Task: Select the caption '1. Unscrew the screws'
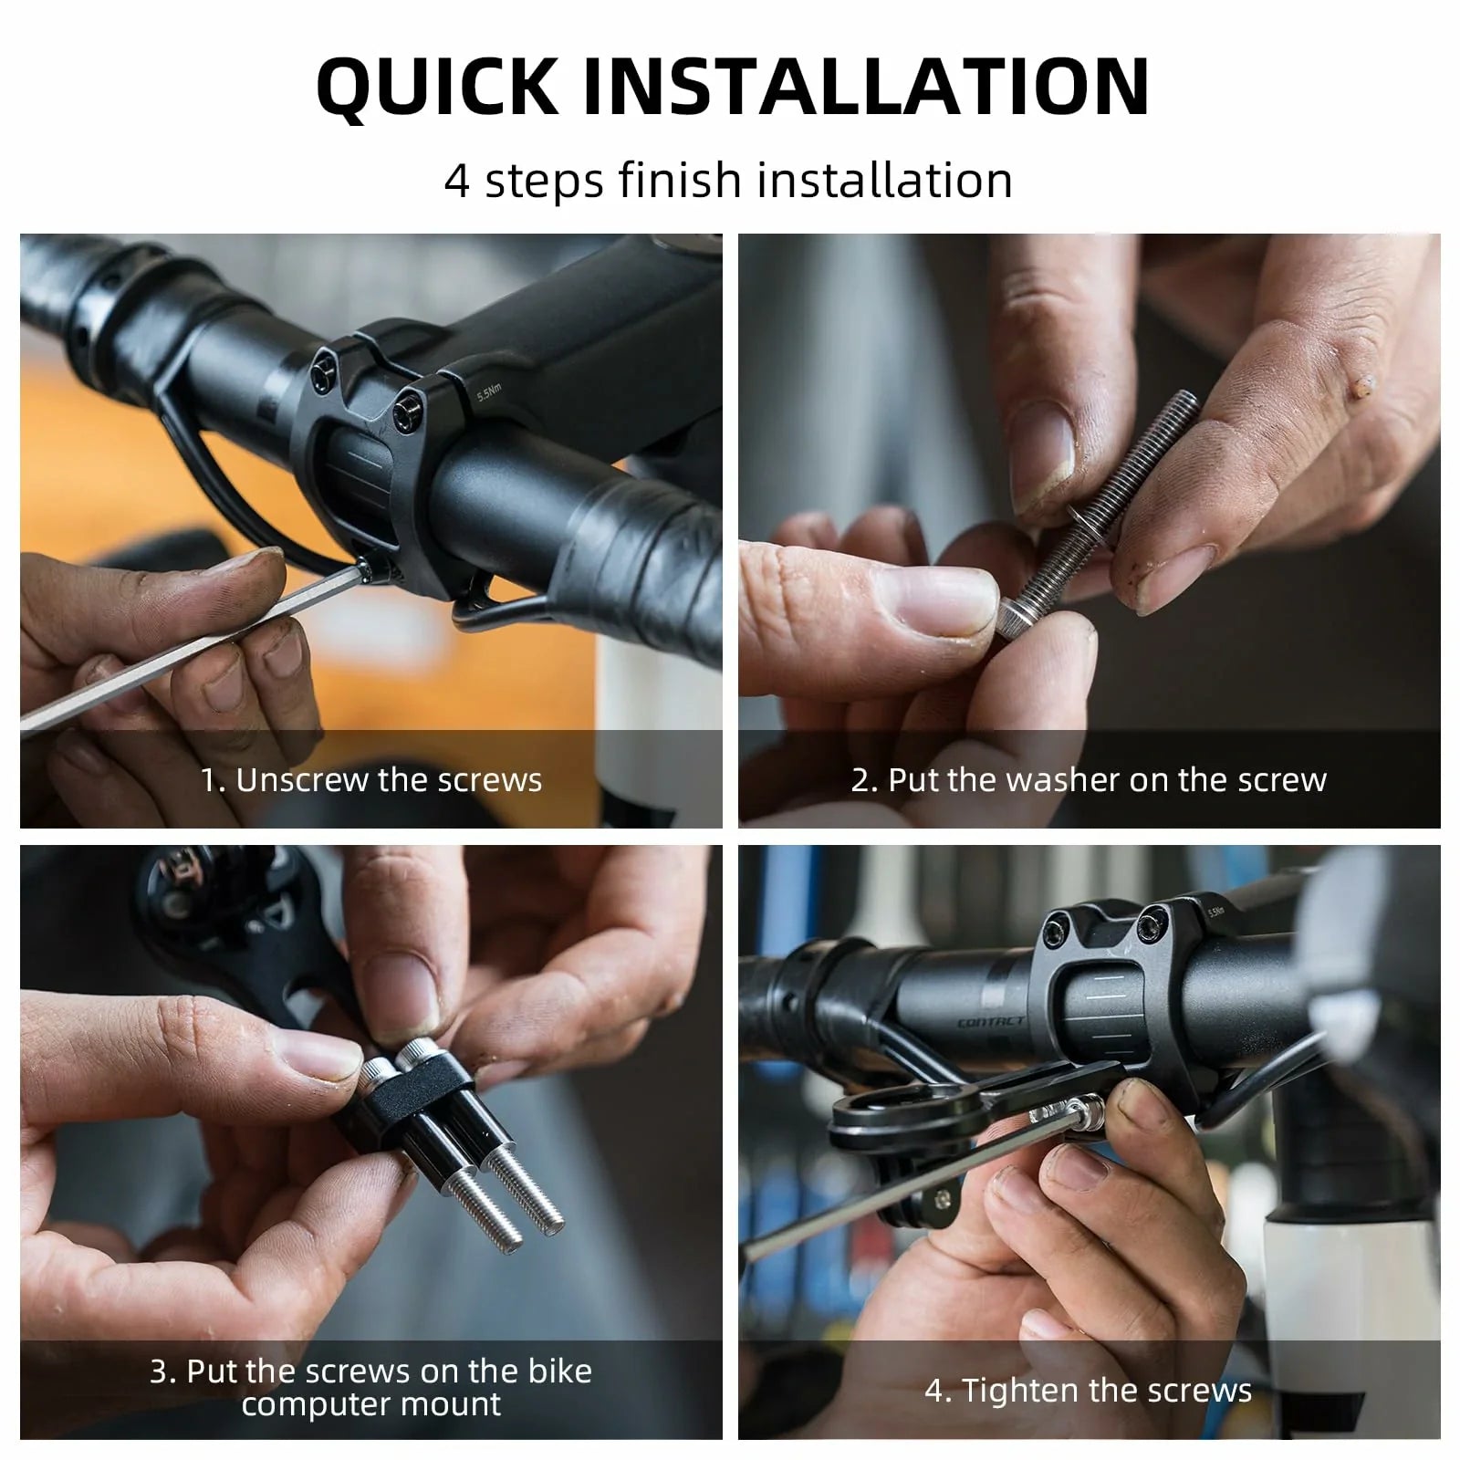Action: pos(370,780)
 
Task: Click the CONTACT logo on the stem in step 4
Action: pos(991,1022)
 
